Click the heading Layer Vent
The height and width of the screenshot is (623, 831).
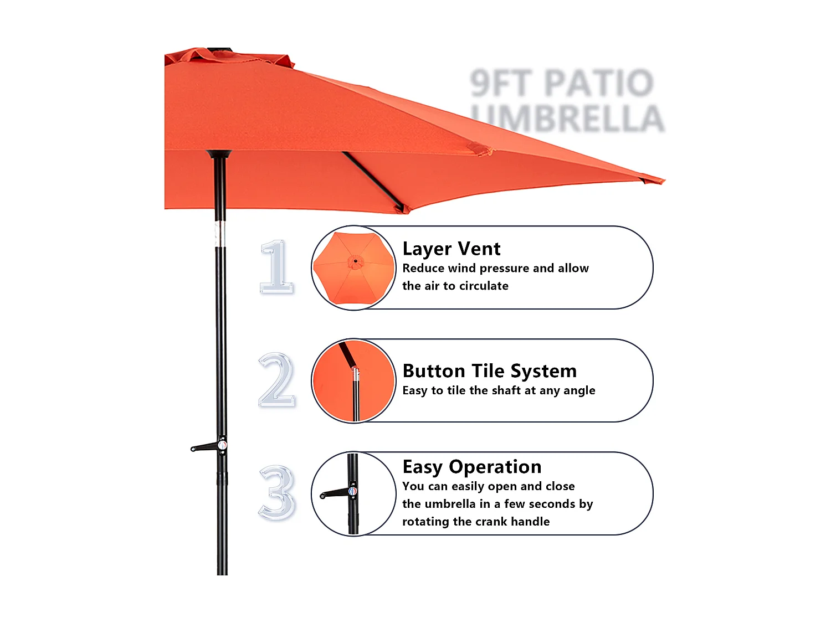click(451, 249)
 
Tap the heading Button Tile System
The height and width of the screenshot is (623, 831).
click(489, 370)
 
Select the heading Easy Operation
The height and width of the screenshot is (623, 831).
click(471, 467)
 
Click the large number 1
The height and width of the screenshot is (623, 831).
click(276, 267)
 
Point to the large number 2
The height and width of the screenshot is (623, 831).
click(276, 380)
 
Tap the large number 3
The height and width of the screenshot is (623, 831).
click(276, 493)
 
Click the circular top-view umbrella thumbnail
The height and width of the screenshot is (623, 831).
click(353, 267)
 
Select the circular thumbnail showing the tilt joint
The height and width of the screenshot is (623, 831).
click(353, 380)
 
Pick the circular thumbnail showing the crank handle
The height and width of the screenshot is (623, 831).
click(353, 493)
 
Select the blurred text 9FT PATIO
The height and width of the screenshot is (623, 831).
click(562, 83)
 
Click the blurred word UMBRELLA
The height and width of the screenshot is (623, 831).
click(567, 119)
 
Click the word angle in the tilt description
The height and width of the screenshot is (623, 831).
click(578, 391)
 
